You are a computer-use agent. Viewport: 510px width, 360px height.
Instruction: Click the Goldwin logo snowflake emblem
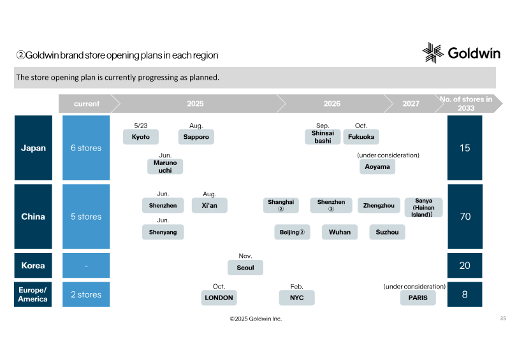[433, 53]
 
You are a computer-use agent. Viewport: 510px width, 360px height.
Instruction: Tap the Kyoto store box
[141, 137]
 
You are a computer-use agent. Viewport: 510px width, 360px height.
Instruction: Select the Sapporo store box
[196, 137]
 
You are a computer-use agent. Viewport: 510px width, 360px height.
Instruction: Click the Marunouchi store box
[165, 166]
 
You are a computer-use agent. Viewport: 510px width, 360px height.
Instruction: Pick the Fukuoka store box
[361, 137]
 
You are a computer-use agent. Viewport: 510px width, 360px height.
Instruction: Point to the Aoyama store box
[377, 166]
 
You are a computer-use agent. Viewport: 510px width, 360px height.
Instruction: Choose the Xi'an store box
[210, 206]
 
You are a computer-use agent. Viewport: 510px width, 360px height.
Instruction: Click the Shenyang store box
[163, 232]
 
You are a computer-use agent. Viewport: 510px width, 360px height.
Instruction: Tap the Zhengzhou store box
[379, 206]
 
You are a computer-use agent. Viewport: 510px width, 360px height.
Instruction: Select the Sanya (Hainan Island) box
[423, 208]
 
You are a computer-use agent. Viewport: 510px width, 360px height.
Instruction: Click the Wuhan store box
[340, 232]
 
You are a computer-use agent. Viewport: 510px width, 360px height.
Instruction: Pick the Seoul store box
[245, 268]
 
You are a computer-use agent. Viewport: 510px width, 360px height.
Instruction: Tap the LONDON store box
[219, 298]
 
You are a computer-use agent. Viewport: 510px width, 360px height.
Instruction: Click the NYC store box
[296, 298]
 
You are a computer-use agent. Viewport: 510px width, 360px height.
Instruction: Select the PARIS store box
[418, 298]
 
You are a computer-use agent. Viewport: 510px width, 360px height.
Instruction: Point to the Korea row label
[33, 265]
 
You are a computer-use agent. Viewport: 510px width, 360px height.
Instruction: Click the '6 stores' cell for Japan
[86, 148]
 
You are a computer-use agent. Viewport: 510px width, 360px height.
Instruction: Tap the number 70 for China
[465, 217]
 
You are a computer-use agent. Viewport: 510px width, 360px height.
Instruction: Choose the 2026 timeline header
[331, 104]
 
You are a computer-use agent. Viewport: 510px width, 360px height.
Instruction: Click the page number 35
[503, 318]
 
